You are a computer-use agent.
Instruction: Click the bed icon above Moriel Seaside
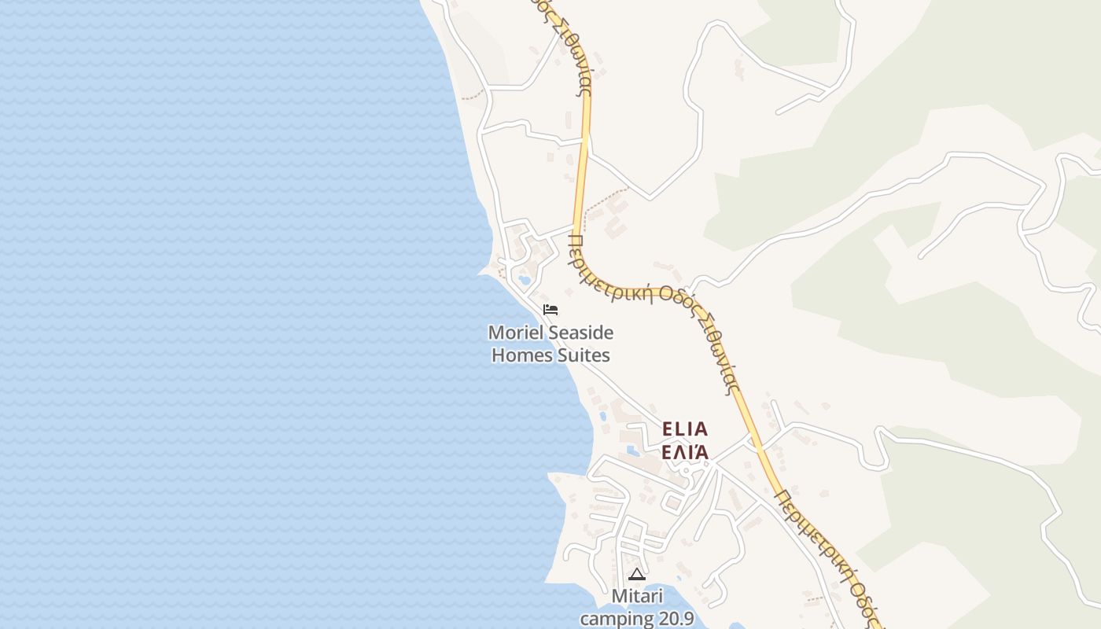[x=550, y=309]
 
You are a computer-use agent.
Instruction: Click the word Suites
[x=583, y=355]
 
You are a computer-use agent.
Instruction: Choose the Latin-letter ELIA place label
[x=685, y=429]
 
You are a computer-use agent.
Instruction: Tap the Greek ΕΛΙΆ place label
[x=685, y=452]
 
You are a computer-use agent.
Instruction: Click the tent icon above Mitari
[x=636, y=575]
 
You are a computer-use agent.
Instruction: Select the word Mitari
[x=637, y=598]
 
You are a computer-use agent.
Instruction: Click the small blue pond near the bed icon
[x=525, y=279]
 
